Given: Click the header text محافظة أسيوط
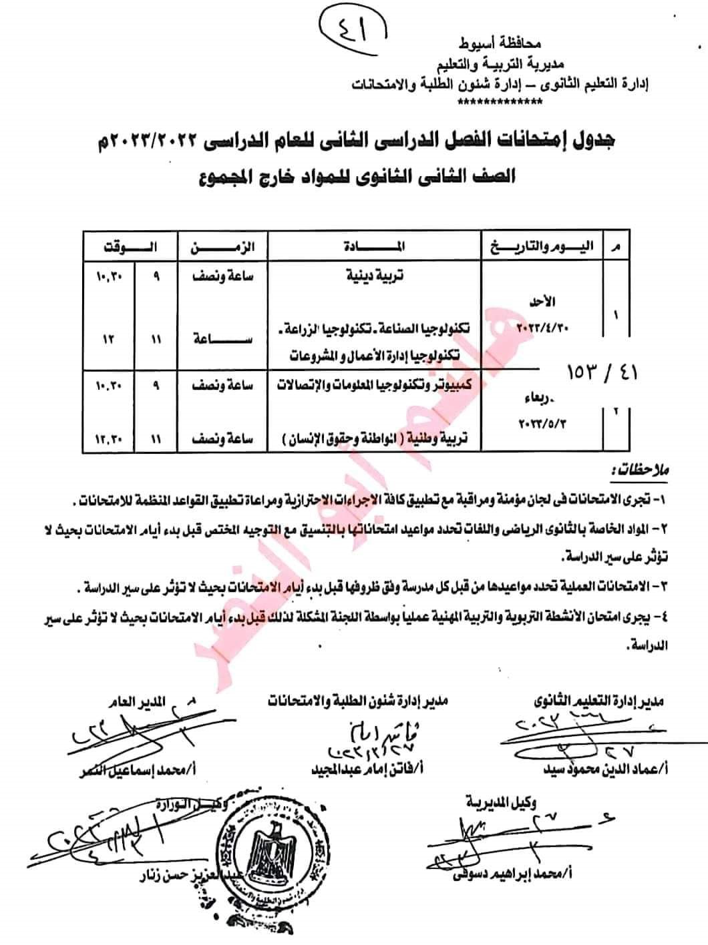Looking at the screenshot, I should [499, 45].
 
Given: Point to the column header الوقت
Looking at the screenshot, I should [130, 247].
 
